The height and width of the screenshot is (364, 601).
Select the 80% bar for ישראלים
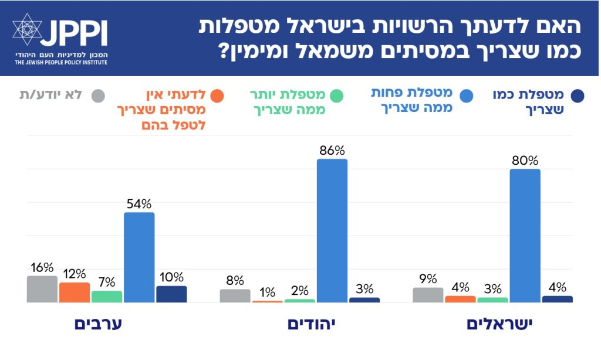click(x=525, y=236)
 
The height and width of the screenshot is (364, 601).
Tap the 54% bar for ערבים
click(x=139, y=257)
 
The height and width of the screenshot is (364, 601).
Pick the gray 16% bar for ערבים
click(x=42, y=289)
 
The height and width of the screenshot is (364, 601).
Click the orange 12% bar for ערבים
click(x=75, y=292)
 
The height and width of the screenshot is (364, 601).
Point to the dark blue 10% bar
click(x=171, y=294)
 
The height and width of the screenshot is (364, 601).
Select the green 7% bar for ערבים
click(x=107, y=297)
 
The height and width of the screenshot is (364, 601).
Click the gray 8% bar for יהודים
click(x=235, y=296)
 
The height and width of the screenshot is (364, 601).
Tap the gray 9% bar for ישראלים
click(x=428, y=295)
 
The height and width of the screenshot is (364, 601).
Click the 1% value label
click(x=267, y=291)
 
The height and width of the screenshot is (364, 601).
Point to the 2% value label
click(x=299, y=290)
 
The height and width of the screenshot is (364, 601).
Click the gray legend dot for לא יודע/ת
click(x=99, y=96)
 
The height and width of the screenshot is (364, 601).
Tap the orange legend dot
click(x=217, y=96)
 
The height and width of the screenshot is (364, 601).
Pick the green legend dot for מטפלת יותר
click(x=336, y=96)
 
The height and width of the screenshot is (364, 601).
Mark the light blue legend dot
click(x=466, y=96)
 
